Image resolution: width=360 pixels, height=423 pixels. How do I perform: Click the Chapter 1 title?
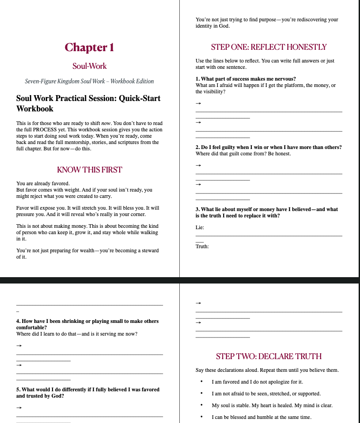coord(89,47)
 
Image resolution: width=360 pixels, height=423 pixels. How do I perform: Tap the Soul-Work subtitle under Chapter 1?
coord(89,66)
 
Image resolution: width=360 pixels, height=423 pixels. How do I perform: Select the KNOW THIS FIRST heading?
coord(89,170)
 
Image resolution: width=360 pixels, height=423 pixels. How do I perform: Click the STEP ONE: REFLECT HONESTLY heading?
coord(269,47)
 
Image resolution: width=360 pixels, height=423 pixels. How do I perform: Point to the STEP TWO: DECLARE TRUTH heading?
coord(269,356)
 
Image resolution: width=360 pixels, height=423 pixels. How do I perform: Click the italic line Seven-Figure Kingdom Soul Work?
coord(89,82)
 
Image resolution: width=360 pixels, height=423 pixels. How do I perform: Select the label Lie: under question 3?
coord(200,227)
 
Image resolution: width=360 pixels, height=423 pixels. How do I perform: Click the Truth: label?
coord(202,246)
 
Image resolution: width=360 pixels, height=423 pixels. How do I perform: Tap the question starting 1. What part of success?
coord(245,79)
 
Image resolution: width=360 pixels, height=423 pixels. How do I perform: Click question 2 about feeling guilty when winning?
coord(269,147)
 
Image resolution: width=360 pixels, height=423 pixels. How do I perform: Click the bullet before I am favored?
coord(201,382)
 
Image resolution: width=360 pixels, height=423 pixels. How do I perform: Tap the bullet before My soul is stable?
coord(201,405)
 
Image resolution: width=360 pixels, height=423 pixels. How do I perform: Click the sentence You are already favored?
coord(43,183)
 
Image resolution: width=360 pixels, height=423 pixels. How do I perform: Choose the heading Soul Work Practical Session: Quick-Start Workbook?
coord(88,103)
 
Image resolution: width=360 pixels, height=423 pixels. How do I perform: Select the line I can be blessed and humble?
coord(261,417)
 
